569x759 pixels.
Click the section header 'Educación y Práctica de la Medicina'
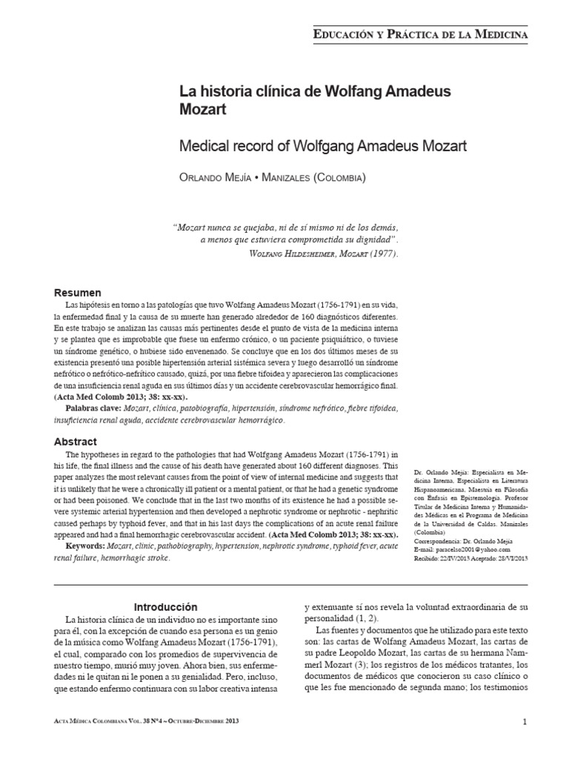click(422, 34)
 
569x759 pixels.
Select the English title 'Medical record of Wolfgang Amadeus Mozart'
click(324, 146)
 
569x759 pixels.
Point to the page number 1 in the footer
click(524, 721)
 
